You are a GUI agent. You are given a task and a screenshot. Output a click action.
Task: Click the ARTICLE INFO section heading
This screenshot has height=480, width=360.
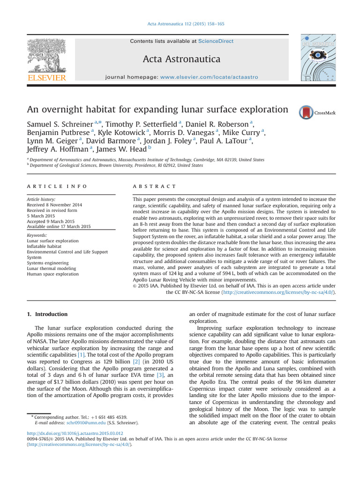click(57, 187)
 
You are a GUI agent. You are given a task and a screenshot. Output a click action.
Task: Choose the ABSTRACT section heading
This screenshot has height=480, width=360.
click(155, 187)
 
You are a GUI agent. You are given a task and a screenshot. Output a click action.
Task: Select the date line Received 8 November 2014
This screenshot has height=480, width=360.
click(54, 205)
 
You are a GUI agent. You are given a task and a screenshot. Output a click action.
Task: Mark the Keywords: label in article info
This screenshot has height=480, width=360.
click(37, 235)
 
